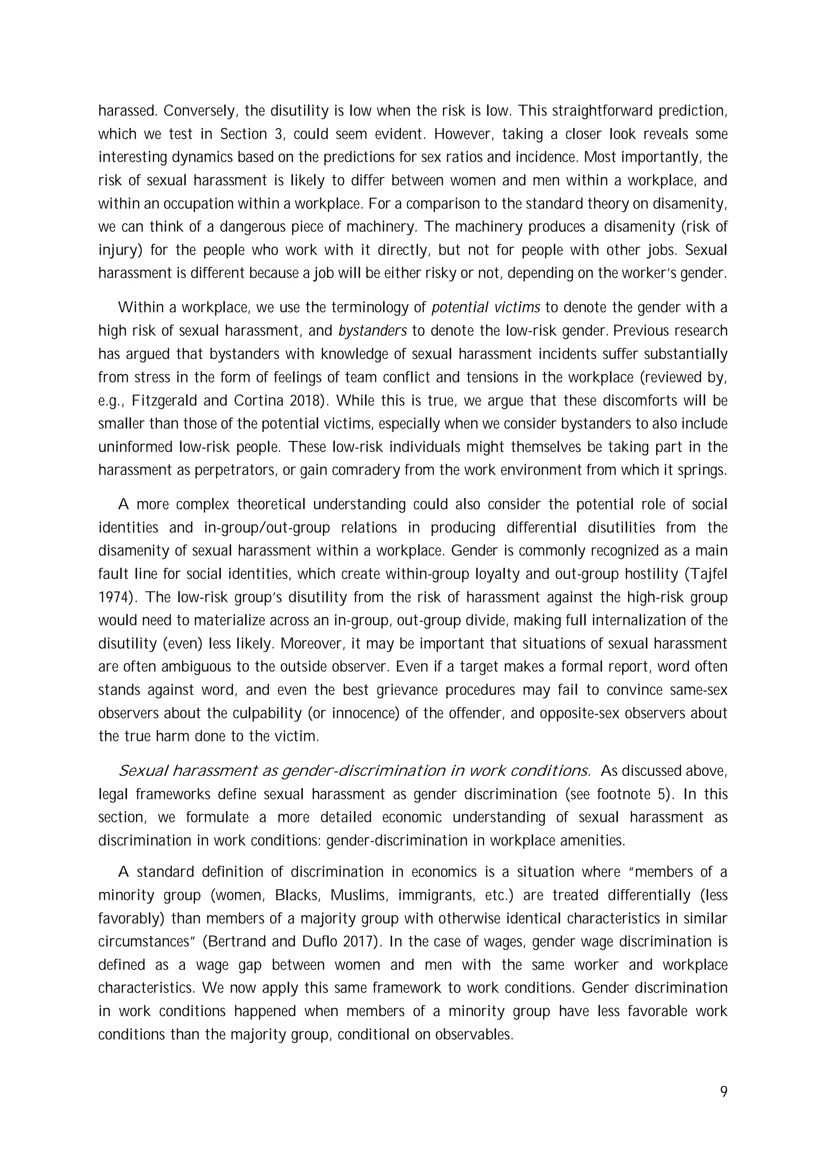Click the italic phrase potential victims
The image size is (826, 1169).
[x=486, y=308]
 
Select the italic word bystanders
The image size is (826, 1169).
[x=373, y=331]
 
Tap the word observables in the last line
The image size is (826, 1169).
[x=472, y=1035]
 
